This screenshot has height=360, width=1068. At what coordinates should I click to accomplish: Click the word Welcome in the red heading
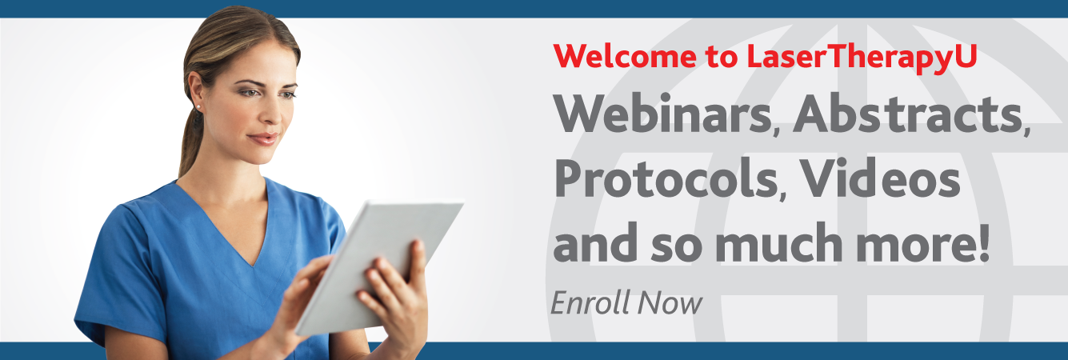point(625,56)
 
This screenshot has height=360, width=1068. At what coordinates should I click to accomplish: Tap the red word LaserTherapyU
point(862,58)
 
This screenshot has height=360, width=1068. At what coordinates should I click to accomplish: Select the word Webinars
point(662,114)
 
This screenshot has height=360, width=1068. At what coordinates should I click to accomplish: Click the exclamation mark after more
point(982,243)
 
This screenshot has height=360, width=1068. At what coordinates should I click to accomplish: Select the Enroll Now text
point(626,302)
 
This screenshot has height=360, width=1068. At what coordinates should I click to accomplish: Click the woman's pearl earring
point(198,107)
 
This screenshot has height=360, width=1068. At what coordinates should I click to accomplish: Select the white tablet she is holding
point(379,267)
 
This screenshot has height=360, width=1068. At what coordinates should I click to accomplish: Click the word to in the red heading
point(722,58)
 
